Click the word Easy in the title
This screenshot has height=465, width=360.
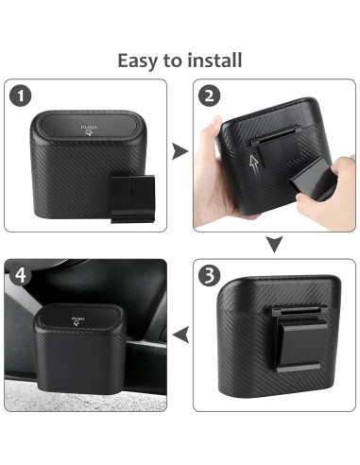click(135, 60)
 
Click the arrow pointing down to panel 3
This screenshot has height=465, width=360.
click(274, 246)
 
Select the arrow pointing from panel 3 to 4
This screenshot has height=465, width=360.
click(180, 332)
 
